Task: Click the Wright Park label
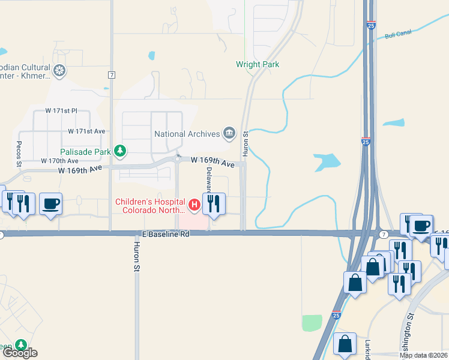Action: [x=258, y=64]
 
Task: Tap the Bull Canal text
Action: [x=398, y=34]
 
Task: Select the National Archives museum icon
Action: [x=229, y=134]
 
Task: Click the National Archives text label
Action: [x=187, y=134]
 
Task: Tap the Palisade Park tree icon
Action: [x=121, y=151]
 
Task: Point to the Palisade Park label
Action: [x=85, y=152]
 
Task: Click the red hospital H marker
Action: [x=194, y=205]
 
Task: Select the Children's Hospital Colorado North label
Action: [x=151, y=205]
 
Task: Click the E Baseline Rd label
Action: [x=166, y=234]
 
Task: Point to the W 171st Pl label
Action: [x=62, y=112]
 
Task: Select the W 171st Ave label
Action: [x=86, y=131]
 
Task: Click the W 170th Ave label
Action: [x=59, y=161]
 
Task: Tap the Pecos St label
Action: [x=19, y=154]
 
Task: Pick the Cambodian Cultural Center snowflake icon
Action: [x=59, y=71]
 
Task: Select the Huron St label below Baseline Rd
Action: [x=136, y=257]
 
